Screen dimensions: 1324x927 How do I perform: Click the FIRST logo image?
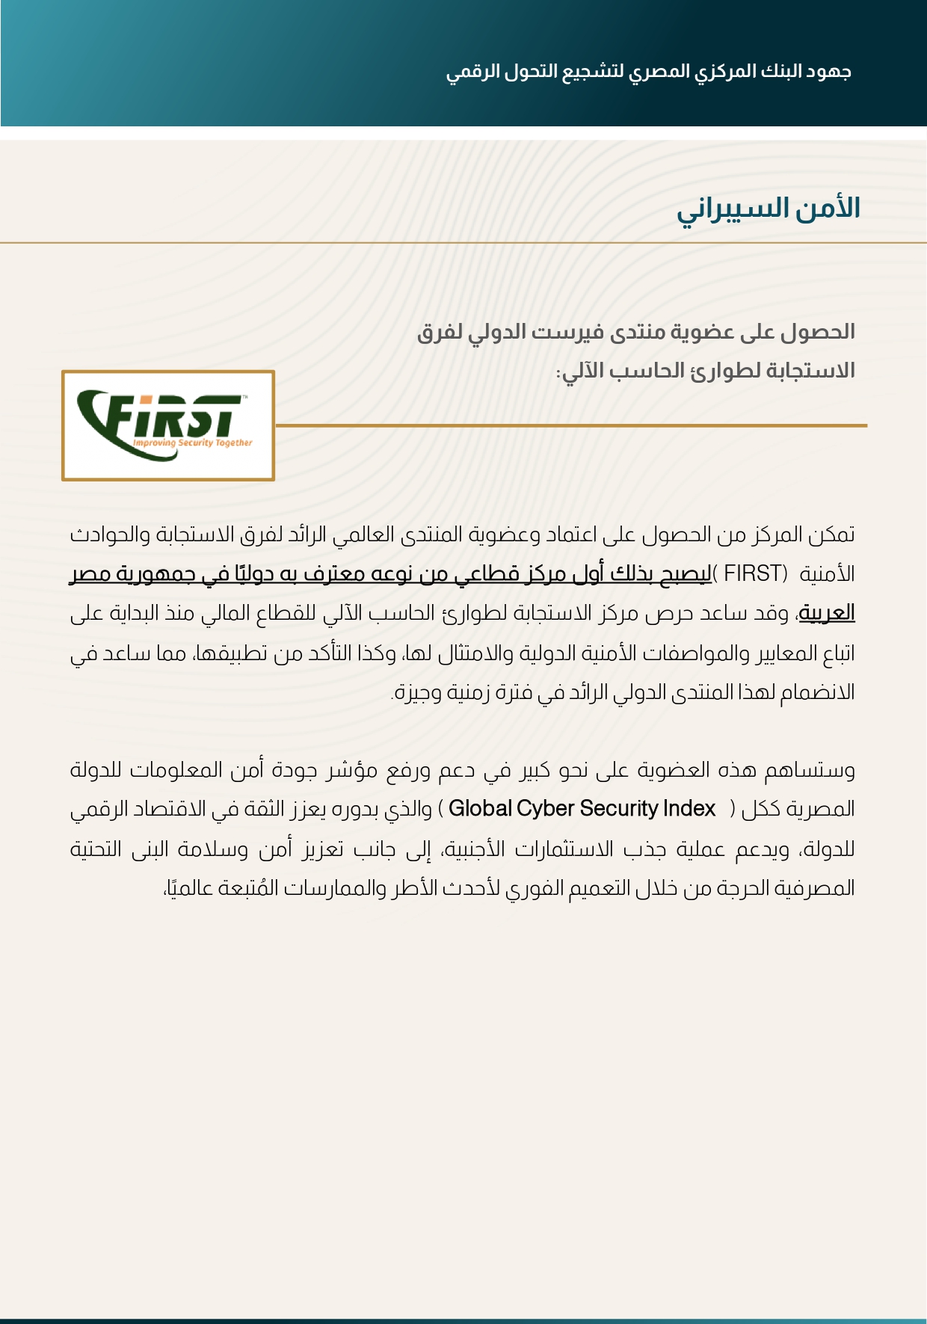[168, 425]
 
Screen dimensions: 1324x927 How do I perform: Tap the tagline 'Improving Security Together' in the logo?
[193, 443]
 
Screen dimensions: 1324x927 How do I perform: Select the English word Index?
[692, 809]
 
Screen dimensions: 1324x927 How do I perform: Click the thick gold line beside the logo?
[571, 425]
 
